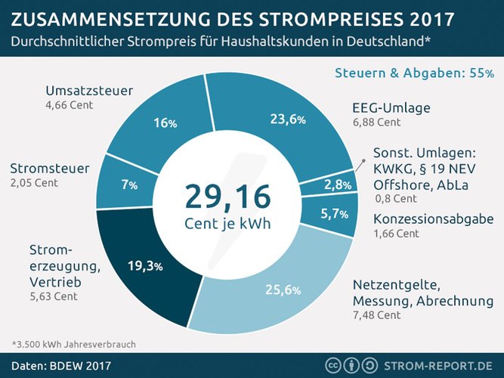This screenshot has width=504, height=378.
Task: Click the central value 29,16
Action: (227, 196)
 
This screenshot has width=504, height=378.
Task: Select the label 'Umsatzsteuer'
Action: (90, 91)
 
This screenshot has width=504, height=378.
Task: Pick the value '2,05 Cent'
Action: (35, 182)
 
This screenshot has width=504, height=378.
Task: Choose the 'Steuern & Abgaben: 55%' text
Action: (415, 73)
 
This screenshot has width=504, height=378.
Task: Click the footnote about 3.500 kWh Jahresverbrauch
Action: (73, 344)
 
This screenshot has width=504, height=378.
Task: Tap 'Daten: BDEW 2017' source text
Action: (60, 366)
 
